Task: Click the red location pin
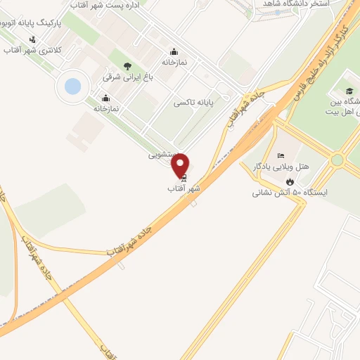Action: (x=181, y=165)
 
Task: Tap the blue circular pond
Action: (x=72, y=86)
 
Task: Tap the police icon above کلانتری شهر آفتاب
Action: (x=32, y=39)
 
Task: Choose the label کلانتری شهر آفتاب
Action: (x=33, y=51)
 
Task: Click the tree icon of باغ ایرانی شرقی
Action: (x=127, y=65)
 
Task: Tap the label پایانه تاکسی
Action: (x=195, y=103)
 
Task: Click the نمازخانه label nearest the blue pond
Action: (x=106, y=108)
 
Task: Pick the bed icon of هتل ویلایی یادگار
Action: (x=281, y=155)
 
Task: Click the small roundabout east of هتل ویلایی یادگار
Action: (x=337, y=160)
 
